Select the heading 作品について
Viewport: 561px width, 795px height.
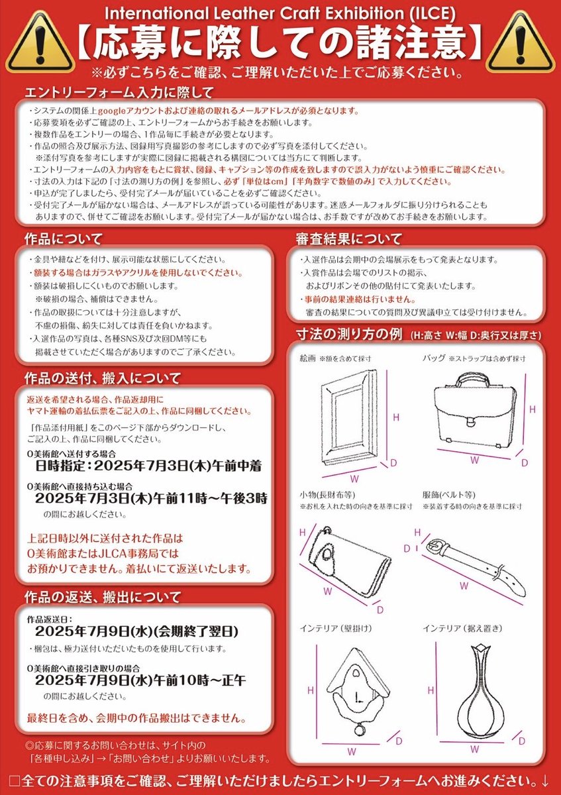64,238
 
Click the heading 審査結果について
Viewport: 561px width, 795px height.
348,238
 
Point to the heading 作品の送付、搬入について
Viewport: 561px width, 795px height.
103,378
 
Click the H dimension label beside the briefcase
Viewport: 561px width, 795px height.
532,410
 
